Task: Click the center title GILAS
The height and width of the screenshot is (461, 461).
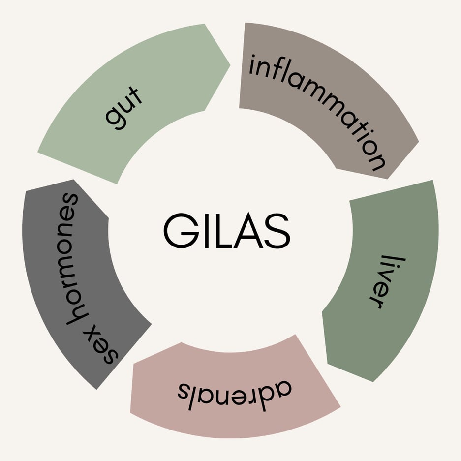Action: click(226, 231)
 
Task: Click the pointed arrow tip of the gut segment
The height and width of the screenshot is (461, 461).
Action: click(229, 64)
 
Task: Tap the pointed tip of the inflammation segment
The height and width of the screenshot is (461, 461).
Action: click(418, 143)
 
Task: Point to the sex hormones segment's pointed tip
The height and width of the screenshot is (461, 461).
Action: click(74, 180)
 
